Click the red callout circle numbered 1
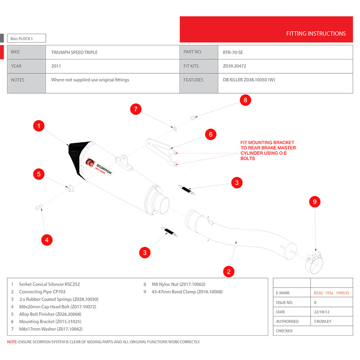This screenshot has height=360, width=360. [x=40, y=126]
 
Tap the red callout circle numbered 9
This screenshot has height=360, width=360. [x=315, y=202]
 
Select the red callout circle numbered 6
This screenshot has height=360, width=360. [x=211, y=134]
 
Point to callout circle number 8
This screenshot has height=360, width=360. [x=245, y=100]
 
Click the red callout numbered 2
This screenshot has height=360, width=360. [x=229, y=271]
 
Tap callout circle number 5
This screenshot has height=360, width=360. [x=40, y=174]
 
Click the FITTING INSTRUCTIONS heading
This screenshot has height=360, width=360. [x=316, y=34]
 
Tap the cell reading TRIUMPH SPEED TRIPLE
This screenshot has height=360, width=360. [x=74, y=53]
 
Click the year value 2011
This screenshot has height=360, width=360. [x=56, y=66]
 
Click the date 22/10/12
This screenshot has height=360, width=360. [x=322, y=312]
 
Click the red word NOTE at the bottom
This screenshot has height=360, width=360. [x=12, y=342]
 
